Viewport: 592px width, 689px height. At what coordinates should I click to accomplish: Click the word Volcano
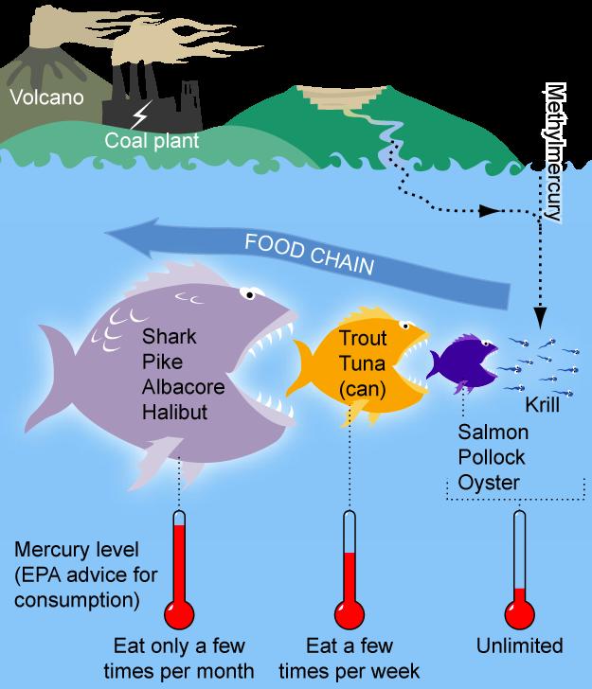(46, 97)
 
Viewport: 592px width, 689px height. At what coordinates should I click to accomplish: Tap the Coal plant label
(152, 141)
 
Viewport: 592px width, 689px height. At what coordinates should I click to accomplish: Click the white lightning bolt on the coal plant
(140, 115)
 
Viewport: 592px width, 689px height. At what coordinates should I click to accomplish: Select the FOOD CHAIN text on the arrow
(309, 254)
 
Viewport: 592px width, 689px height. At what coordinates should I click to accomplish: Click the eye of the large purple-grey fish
(250, 294)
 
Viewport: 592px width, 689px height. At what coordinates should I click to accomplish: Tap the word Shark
(170, 337)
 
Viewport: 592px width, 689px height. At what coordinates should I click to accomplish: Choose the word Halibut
(174, 413)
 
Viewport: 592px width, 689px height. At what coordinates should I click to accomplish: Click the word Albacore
(184, 387)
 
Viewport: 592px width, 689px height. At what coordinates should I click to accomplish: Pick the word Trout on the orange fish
(363, 338)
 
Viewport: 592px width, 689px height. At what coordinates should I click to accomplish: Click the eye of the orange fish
(405, 326)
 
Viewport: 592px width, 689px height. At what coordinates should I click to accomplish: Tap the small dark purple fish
(462, 362)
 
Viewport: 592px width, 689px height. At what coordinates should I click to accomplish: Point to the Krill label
(543, 405)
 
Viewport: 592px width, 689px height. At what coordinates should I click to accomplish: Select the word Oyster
(489, 483)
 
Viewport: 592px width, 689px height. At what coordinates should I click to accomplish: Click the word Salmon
(493, 432)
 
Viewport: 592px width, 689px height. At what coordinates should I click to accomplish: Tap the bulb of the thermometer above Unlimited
(519, 614)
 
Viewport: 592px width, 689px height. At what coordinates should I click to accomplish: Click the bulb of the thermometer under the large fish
(179, 614)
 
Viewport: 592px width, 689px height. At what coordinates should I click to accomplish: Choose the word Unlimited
(519, 645)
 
